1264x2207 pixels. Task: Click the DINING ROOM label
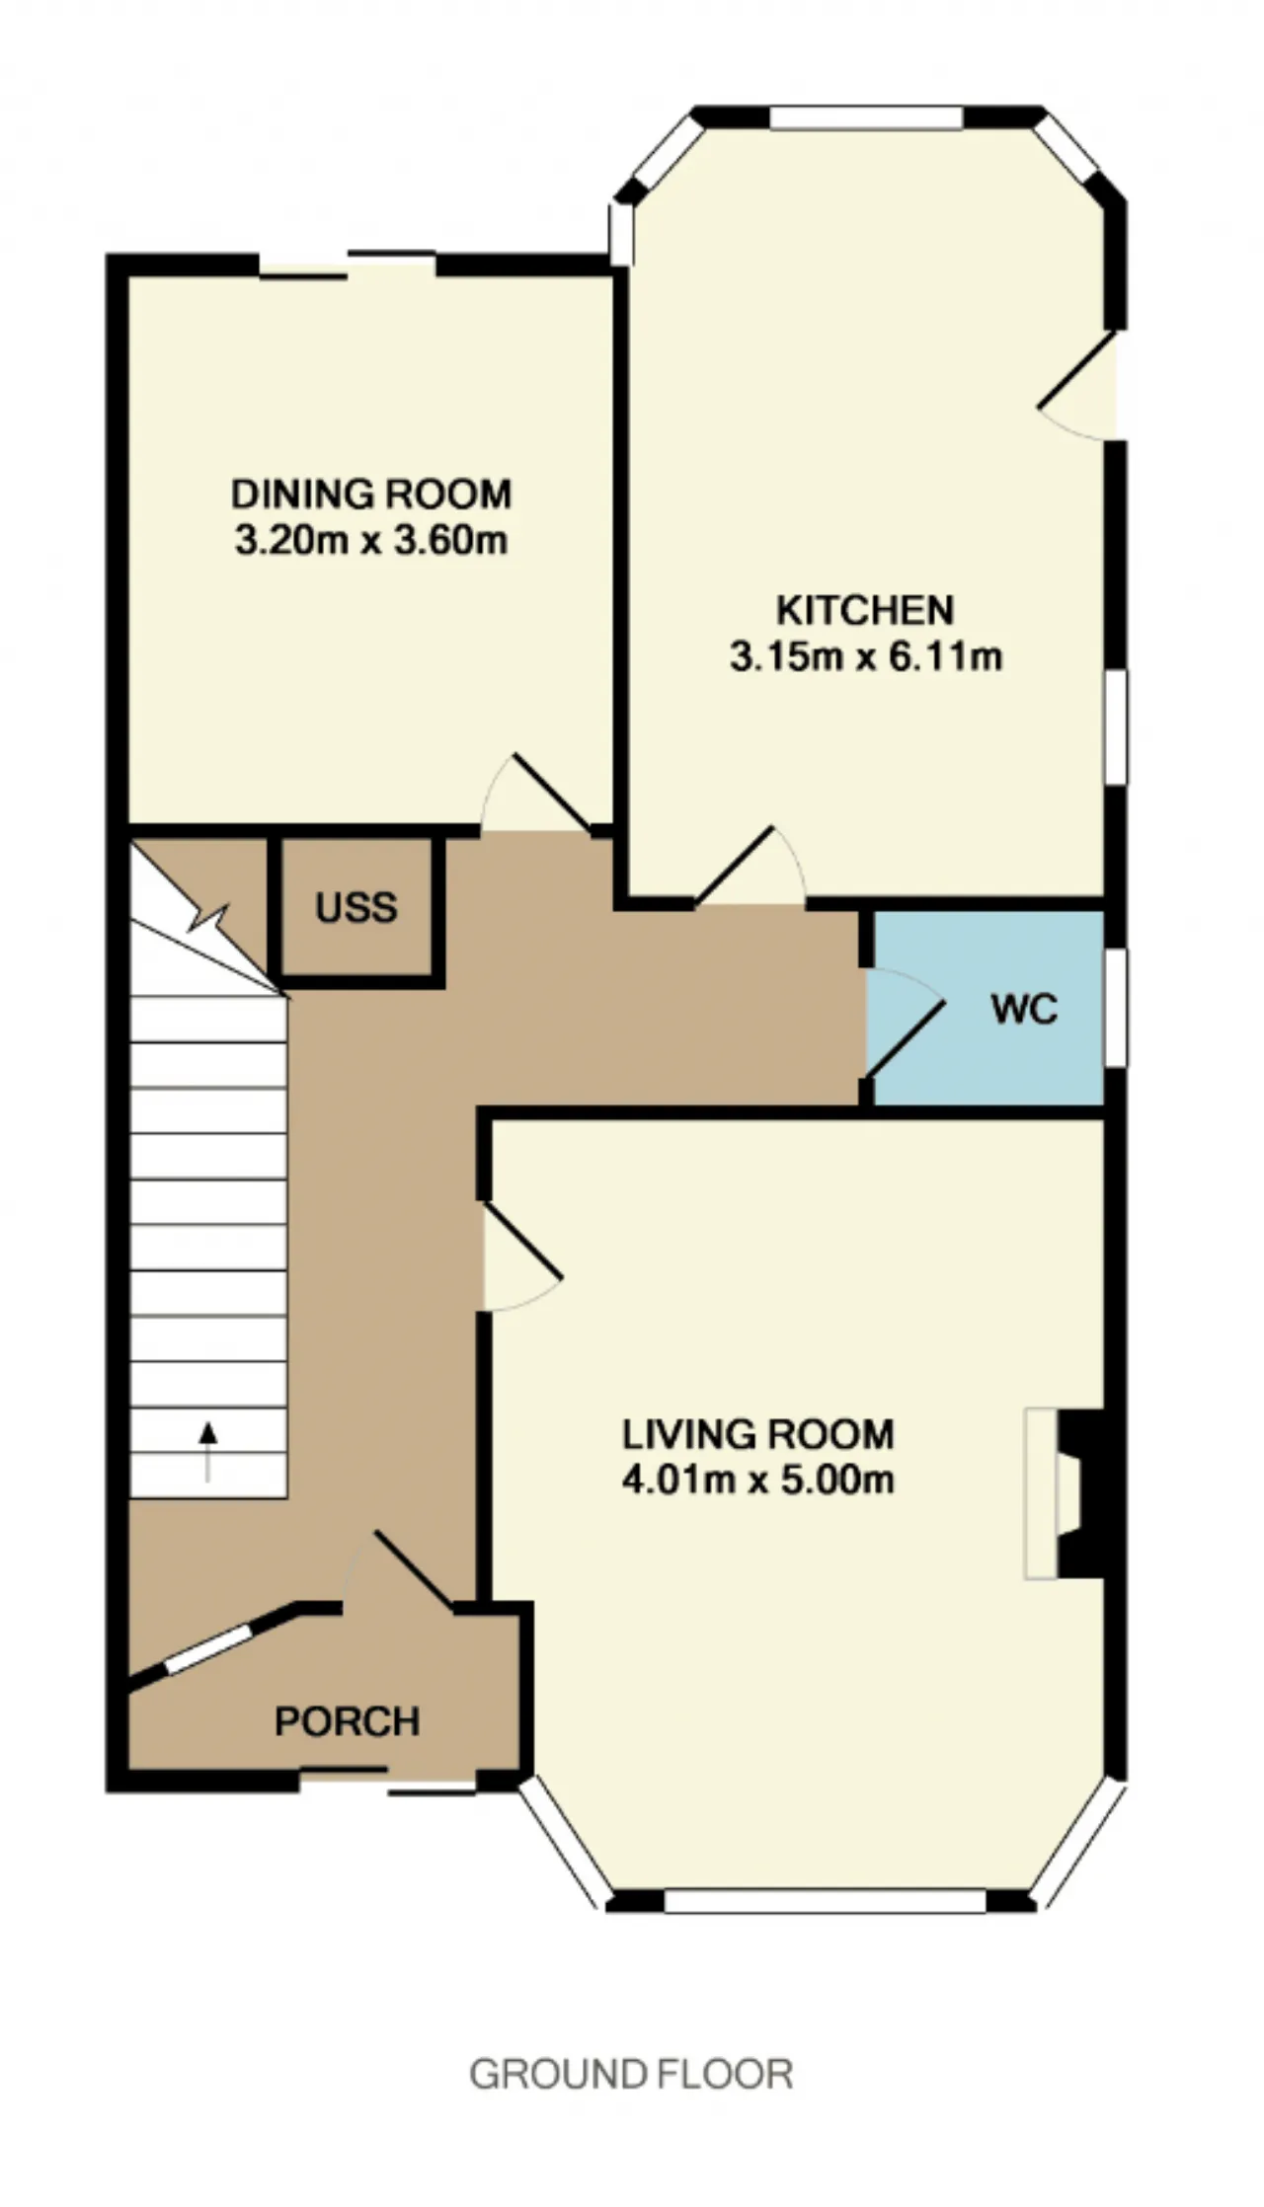click(x=371, y=494)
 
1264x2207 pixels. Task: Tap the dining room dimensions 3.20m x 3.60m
click(x=371, y=540)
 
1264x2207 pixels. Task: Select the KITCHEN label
click(x=865, y=610)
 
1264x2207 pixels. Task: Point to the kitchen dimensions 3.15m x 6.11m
click(x=866, y=656)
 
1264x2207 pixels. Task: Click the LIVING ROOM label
click(x=758, y=1434)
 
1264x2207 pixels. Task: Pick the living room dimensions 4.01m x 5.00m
click(x=758, y=1481)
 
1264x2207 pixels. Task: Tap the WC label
click(x=1024, y=1009)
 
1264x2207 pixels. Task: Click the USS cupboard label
click(x=356, y=907)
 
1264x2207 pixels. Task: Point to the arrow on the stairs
click(x=207, y=1451)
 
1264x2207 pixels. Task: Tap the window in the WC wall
click(x=1115, y=1008)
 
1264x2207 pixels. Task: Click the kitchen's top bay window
click(x=866, y=117)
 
